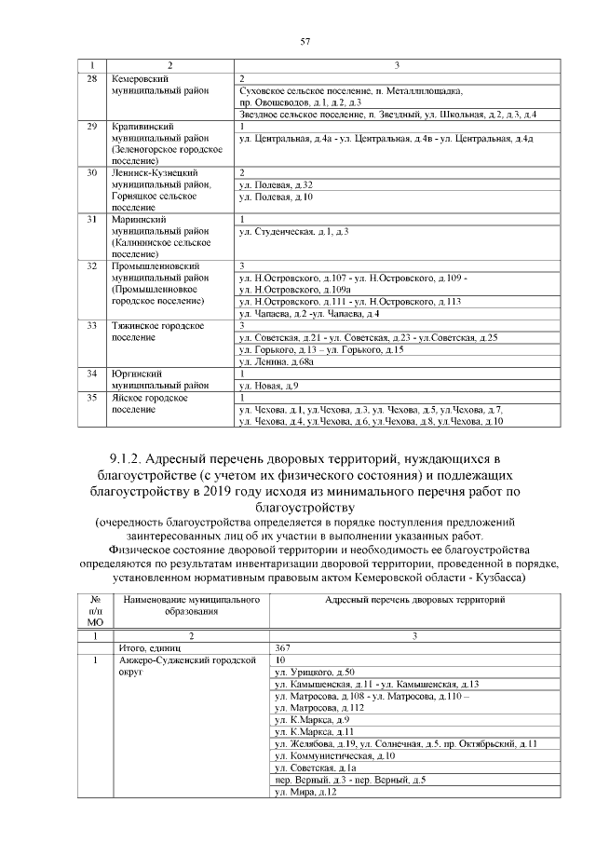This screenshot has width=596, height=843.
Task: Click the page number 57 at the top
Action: [304, 42]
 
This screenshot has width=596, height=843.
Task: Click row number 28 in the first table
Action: [92, 79]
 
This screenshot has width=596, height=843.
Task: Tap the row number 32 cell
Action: [92, 266]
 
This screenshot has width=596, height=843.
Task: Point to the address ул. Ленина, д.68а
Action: [277, 360]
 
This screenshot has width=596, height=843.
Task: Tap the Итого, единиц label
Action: [146, 646]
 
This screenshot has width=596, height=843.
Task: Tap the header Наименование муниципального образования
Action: [190, 606]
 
